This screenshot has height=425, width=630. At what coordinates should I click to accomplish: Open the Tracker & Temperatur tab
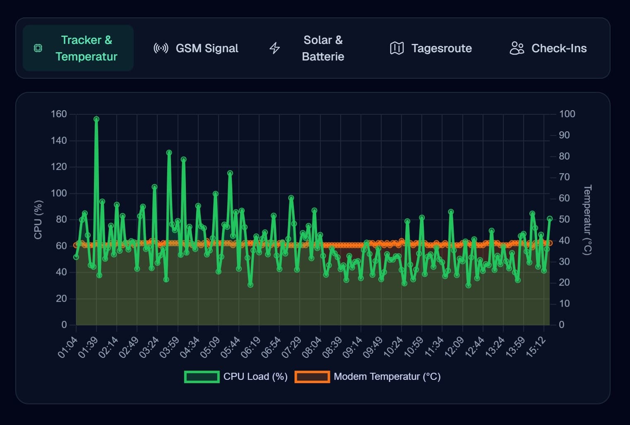point(78,48)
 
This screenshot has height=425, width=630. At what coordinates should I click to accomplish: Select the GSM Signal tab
point(196,48)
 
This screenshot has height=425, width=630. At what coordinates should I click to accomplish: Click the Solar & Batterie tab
point(307,48)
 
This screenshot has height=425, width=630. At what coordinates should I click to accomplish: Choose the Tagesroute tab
point(431,48)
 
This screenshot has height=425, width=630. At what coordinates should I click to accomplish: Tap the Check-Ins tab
point(548,48)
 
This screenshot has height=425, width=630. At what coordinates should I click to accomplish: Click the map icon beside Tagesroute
point(397,48)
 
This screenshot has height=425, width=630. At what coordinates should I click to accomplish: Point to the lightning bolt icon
point(275,48)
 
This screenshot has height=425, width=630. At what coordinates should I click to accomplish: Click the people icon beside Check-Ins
point(517,48)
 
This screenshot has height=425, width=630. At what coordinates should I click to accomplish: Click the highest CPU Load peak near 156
point(96,119)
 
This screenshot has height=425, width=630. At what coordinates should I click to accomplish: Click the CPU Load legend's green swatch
point(202,377)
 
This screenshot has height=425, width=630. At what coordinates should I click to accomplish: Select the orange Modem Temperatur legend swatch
point(312,377)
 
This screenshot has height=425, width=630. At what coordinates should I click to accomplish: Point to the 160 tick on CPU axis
point(59,114)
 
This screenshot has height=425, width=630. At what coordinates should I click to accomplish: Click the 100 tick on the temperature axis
point(567,114)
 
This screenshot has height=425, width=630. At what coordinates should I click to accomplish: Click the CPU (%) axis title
point(38,220)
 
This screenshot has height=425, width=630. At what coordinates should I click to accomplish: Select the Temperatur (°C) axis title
point(587,220)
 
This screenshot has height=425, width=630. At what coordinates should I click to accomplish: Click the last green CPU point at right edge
point(550,219)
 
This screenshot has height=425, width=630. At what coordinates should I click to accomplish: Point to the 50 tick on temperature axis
point(564,219)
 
